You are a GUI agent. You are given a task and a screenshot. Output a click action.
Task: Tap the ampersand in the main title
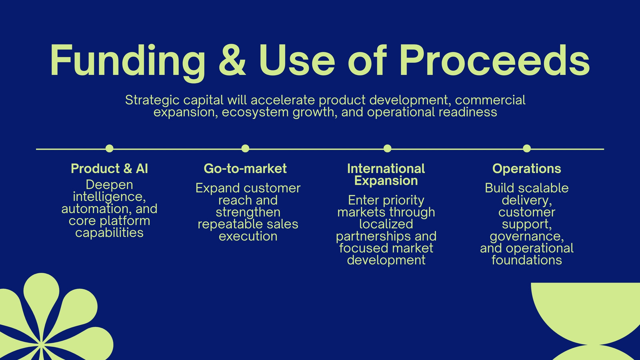point(232,60)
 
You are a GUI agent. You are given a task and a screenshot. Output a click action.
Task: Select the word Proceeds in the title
point(494,60)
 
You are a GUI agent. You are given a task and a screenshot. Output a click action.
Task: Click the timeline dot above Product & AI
point(110,148)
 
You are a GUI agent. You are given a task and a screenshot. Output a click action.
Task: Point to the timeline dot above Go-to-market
point(245,148)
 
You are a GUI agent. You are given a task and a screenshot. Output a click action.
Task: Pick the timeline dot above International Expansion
point(388,148)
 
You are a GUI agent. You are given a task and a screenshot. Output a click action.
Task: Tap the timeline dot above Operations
point(527,148)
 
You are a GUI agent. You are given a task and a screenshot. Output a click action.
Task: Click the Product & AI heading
point(110,168)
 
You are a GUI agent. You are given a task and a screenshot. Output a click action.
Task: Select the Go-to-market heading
point(245,168)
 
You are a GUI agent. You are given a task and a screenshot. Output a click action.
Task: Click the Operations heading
point(527,169)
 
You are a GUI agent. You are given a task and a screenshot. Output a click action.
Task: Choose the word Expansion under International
point(386,181)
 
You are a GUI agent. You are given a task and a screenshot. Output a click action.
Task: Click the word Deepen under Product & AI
point(110,185)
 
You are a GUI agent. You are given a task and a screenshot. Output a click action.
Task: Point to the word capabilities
point(110,233)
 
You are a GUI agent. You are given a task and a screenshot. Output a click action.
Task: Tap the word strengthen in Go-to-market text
point(248,212)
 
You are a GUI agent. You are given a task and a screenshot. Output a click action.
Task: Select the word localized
point(386,224)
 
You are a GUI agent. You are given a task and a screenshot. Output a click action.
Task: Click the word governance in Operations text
point(527,236)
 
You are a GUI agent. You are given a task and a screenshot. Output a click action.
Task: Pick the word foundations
point(527,260)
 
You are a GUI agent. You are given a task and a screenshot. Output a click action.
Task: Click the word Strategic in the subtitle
point(152,100)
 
